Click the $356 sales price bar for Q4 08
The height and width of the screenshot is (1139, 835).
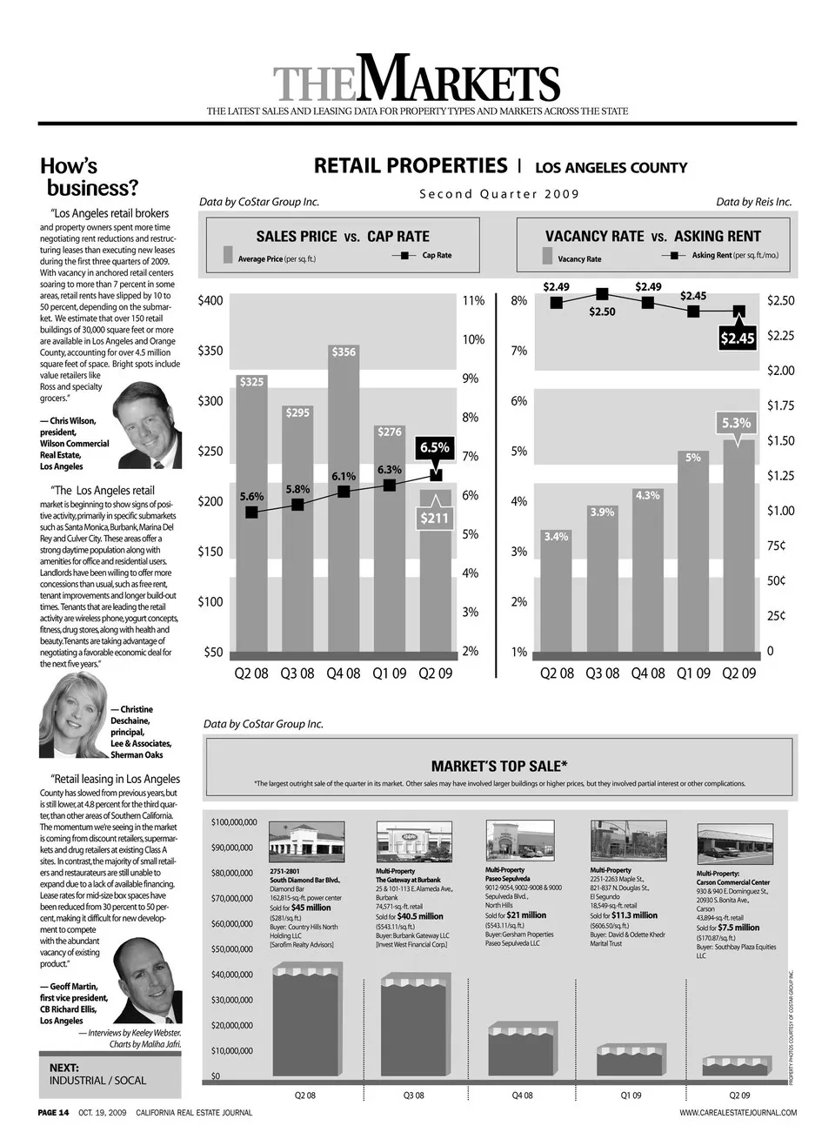(x=344, y=496)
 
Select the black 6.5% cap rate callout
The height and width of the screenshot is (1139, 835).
(x=435, y=448)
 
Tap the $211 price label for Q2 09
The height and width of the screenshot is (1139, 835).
(x=435, y=519)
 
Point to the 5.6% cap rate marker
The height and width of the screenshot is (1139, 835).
(x=251, y=513)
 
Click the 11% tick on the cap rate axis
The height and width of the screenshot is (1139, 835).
(x=473, y=301)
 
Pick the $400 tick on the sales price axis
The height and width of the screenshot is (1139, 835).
(x=210, y=301)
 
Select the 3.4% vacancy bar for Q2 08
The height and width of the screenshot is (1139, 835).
(x=556, y=592)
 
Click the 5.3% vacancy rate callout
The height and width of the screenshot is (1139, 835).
(x=736, y=424)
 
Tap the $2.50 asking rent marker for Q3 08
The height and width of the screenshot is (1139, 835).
(x=602, y=295)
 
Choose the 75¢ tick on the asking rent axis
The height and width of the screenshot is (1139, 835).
(x=776, y=546)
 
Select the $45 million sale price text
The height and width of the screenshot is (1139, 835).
(x=311, y=908)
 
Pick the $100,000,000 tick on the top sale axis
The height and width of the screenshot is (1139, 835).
(x=234, y=822)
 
